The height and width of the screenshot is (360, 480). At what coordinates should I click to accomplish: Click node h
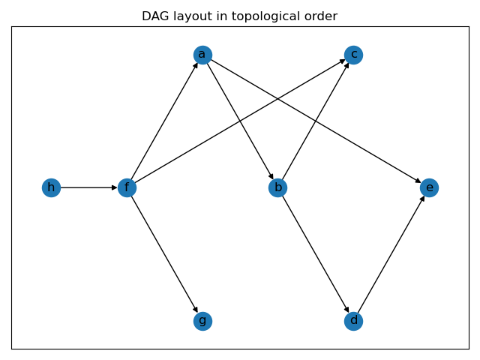pos(51,187)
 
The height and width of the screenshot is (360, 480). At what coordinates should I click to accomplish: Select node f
pos(127,187)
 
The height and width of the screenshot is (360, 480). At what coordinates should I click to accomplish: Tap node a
pos(202,55)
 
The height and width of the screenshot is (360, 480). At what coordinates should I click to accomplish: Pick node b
pos(277,187)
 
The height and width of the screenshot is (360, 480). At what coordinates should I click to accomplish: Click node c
pos(353,55)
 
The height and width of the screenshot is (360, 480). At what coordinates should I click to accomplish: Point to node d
pos(353,321)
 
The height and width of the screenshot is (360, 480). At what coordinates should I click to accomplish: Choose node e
pos(429,187)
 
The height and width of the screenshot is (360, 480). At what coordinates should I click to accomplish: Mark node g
pos(202,321)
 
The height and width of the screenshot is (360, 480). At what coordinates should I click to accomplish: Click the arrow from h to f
pos(88,187)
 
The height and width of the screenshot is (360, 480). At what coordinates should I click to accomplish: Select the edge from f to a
pos(164,121)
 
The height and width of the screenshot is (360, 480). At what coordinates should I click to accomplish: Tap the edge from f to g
pos(164,254)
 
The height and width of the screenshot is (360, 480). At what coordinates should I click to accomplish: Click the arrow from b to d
pos(315,254)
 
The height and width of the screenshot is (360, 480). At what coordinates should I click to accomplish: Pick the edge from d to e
pos(391,254)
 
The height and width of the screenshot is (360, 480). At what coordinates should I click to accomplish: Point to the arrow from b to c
pos(315,121)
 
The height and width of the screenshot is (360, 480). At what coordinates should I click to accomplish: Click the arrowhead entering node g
pos(196,310)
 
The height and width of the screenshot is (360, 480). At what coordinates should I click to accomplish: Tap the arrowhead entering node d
pos(347,310)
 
